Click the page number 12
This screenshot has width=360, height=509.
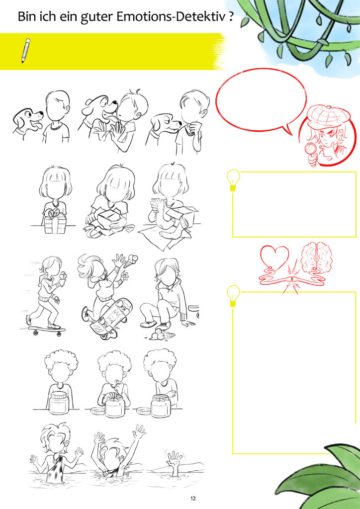tap(193, 498)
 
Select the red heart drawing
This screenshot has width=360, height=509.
tap(274, 257)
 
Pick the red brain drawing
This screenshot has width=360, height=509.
tap(316, 258)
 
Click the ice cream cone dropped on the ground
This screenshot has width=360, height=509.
tap(161, 334)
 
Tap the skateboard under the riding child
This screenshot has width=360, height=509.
tap(47, 331)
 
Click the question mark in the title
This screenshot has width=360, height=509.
tap(230, 16)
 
